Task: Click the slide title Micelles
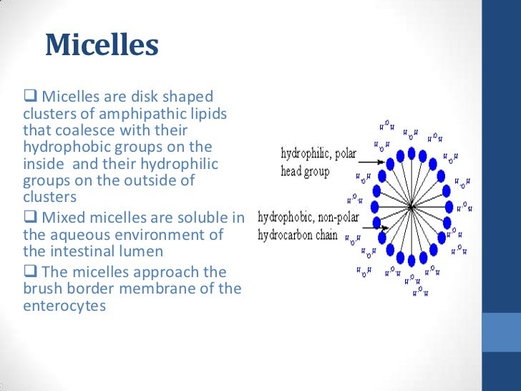click(101, 45)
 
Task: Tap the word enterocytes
click(64, 305)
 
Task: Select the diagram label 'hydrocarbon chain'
click(306, 234)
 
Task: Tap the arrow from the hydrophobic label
click(375, 227)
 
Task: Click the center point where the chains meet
click(412, 207)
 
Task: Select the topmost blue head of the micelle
click(412, 152)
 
